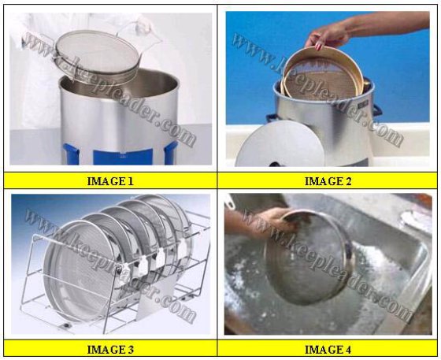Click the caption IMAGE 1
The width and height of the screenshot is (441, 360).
coord(110,181)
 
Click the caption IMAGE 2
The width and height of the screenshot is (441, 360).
coord(328,181)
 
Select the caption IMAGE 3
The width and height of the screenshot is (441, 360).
coord(110,350)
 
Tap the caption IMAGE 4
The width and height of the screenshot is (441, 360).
coord(328,350)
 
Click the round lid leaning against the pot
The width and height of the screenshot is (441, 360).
coord(280,147)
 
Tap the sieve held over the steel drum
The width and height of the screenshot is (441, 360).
coord(97,57)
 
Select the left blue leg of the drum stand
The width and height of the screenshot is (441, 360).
coord(71,154)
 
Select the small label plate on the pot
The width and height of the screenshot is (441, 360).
coord(363,104)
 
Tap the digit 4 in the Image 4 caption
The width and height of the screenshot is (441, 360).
coord(348,350)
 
